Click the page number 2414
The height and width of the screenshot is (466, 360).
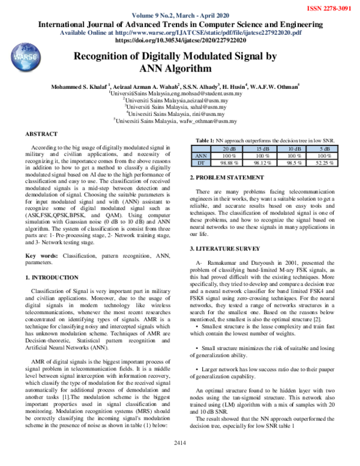[x=179, y=459]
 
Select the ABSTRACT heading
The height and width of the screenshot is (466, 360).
[x=42, y=133]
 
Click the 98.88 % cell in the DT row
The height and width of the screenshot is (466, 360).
[x=230, y=162]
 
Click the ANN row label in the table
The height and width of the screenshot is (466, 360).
[x=202, y=155]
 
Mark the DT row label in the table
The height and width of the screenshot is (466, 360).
[x=202, y=162]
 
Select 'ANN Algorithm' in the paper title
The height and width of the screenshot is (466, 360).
[x=180, y=69]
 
